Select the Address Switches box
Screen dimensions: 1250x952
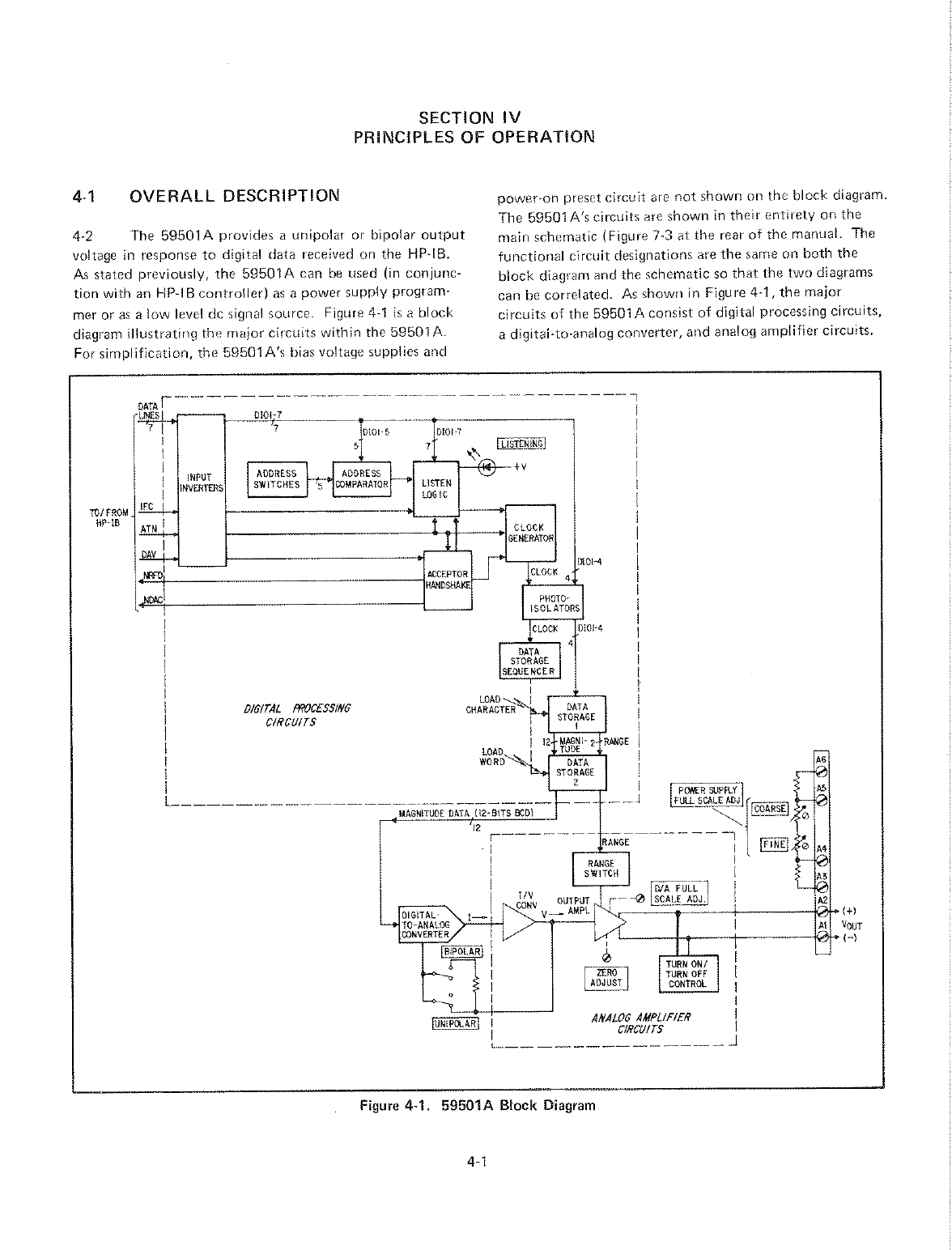click(x=277, y=479)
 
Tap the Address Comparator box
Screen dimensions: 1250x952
click(x=362, y=479)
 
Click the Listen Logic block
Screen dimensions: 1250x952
click(x=436, y=488)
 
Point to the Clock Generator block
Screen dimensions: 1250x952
click(x=529, y=533)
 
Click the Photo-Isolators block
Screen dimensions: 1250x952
click(x=552, y=604)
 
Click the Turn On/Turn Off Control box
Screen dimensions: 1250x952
click(x=686, y=974)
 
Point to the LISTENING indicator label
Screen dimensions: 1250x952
click(x=522, y=443)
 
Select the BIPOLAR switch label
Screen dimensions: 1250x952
click(x=461, y=950)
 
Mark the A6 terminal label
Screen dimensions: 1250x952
click(x=820, y=759)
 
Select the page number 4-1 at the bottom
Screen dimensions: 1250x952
click(x=475, y=1163)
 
